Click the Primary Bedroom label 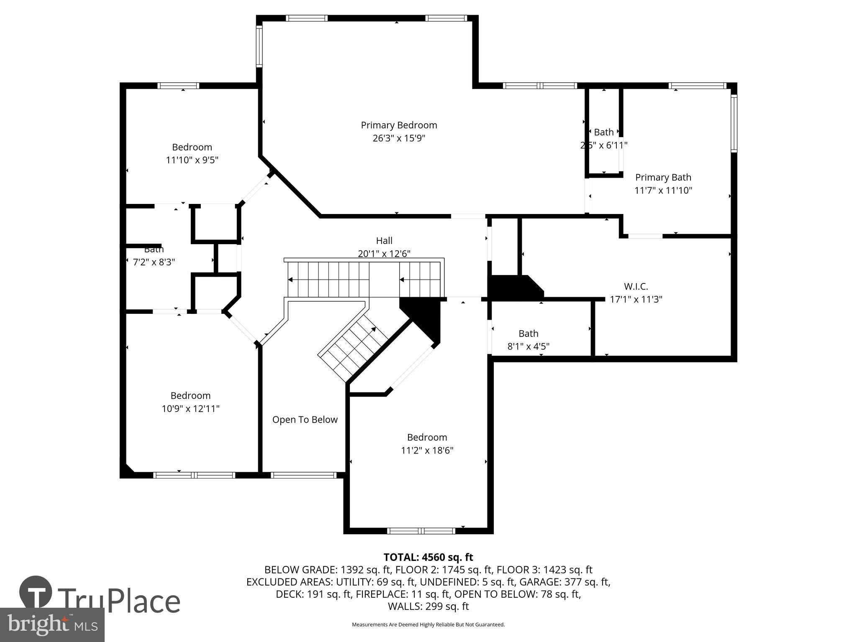point(399,125)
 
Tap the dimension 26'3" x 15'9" point(399,138)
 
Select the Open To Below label point(305,420)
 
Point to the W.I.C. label point(636,286)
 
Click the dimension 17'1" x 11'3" point(636,299)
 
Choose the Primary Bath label point(663,177)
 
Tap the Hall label point(384,240)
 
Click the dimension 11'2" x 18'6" point(427,450)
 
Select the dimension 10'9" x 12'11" point(190,408)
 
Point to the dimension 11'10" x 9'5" point(192,160)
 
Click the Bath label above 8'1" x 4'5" point(528,333)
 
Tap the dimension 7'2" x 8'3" point(154,262)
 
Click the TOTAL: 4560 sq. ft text point(428,557)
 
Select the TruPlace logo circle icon point(36,592)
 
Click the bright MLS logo point(52,624)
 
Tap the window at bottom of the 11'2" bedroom point(421,531)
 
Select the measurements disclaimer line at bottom point(428,624)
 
